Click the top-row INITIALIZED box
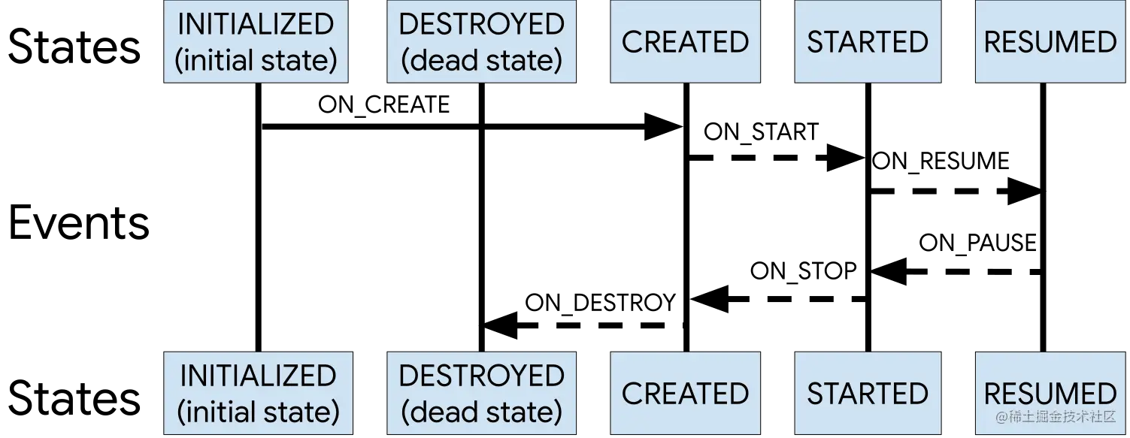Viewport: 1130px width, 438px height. [256, 41]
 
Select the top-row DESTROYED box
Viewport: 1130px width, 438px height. [481, 41]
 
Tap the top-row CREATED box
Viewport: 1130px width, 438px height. [685, 41]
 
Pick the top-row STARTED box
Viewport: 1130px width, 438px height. [868, 41]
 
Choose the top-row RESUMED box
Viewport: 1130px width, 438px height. [1051, 41]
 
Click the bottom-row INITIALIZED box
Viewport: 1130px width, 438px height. [259, 393]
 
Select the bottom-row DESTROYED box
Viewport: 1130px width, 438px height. [481, 393]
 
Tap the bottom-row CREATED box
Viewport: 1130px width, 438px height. [685, 393]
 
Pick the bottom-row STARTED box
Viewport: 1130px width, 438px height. [868, 393]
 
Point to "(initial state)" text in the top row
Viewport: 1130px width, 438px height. [256, 60]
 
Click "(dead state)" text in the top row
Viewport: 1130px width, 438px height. [481, 60]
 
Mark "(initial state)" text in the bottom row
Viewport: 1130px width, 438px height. [259, 412]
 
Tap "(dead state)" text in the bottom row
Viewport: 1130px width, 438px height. [481, 412]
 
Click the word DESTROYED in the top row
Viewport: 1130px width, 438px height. [481, 24]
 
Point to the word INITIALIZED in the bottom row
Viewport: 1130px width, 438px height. [259, 376]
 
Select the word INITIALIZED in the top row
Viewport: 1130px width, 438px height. [256, 24]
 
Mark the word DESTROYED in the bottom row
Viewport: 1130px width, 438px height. [481, 376]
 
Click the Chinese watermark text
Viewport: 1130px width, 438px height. [1063, 417]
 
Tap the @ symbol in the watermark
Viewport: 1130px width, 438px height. [1002, 417]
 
